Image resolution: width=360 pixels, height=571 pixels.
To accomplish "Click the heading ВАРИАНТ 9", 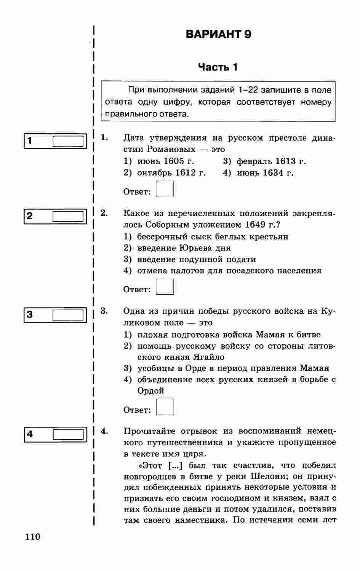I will pyautogui.click(x=218, y=35).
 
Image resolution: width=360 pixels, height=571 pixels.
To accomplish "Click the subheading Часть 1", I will pyautogui.click(x=218, y=67).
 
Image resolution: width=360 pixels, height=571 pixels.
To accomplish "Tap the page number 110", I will pyautogui.click(x=33, y=537).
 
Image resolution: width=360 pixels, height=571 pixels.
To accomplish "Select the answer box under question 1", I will pyautogui.click(x=165, y=189).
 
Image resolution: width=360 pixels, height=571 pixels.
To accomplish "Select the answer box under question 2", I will pyautogui.click(x=165, y=287).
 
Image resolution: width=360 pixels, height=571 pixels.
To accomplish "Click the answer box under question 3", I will pyautogui.click(x=165, y=407).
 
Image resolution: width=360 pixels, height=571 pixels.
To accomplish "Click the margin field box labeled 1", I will pyautogui.click(x=68, y=141).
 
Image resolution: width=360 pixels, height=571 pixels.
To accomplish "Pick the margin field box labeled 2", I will pyautogui.click(x=68, y=217).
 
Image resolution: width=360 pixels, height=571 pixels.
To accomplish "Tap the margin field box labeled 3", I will pyautogui.click(x=68, y=315).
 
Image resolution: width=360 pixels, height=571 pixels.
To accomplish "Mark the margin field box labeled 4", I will pyautogui.click(x=68, y=434).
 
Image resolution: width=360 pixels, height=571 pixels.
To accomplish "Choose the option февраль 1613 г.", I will pyautogui.click(x=271, y=161).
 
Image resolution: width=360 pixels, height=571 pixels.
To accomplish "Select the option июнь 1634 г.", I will pyautogui.click(x=265, y=173).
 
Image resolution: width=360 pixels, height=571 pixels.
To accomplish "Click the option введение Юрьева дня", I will pyautogui.click(x=184, y=248).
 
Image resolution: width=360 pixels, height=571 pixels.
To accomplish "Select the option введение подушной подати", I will pyautogui.click(x=196, y=259).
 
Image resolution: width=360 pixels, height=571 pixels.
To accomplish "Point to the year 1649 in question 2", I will pyautogui.click(x=255, y=225).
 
